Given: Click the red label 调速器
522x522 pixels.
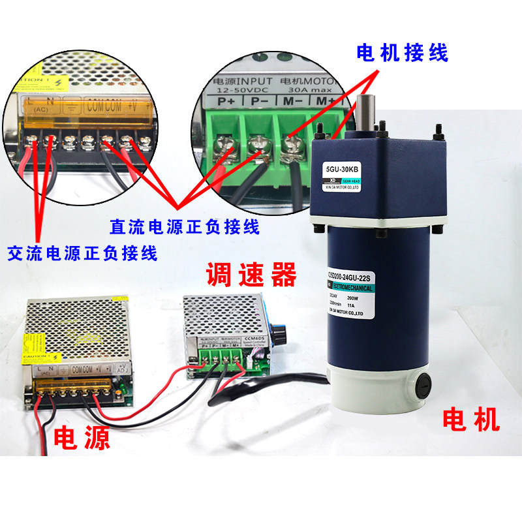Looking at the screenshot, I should (251, 275).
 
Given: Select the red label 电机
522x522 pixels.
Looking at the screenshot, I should (471, 419).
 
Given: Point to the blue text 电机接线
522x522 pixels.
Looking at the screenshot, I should (402, 54).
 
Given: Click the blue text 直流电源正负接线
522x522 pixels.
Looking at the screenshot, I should (185, 227).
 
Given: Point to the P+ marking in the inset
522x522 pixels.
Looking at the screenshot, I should (226, 102).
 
